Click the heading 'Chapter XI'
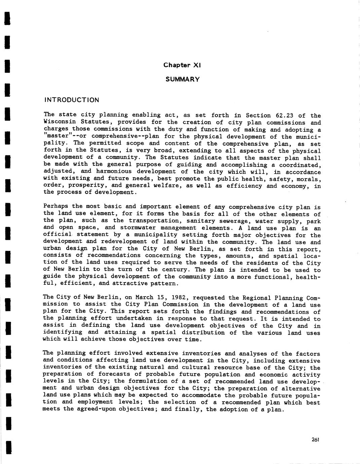tap(182, 65)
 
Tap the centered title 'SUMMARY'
tap(183, 79)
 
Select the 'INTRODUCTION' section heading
tap(72, 100)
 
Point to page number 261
tap(315, 439)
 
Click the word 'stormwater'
tap(135, 228)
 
